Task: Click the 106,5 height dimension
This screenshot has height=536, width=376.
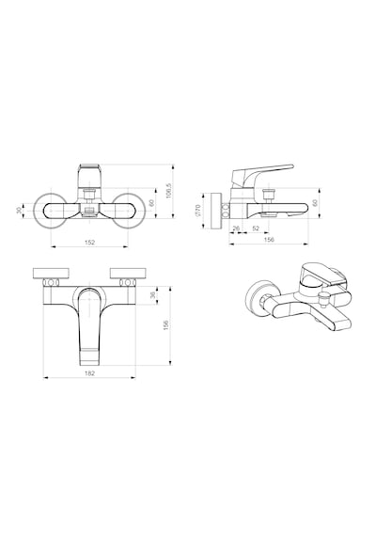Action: click(x=168, y=190)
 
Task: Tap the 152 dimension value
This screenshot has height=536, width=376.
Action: click(x=89, y=243)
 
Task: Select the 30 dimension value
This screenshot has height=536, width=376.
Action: click(x=19, y=211)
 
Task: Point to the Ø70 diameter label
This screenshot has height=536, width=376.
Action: click(x=198, y=211)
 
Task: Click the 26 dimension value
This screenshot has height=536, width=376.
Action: click(x=236, y=229)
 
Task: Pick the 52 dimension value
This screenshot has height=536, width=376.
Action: click(x=256, y=229)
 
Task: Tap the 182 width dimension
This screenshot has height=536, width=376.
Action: click(x=89, y=373)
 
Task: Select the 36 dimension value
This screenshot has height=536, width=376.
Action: click(x=153, y=294)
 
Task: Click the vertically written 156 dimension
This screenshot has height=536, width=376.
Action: click(x=166, y=325)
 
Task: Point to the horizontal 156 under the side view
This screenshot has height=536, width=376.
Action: click(x=270, y=240)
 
